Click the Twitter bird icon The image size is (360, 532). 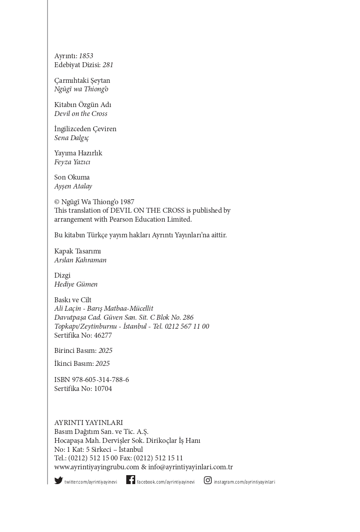59,481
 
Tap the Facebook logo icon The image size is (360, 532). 131,480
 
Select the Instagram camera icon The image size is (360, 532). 208,480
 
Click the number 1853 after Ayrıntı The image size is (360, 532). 86,56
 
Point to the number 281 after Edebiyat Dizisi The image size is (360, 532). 108,65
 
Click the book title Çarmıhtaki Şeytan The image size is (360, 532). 82,81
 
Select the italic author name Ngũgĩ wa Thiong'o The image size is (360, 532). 81,89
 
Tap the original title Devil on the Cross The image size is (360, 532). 81,114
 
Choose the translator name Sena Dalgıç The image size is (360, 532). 72,138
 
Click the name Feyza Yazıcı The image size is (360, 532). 72,162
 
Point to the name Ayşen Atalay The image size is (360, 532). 73,186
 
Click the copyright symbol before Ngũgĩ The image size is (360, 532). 57,202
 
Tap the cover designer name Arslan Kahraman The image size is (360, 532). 80,260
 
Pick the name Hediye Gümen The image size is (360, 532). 76,284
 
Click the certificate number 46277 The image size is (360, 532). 103,335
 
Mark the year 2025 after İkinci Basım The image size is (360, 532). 103,364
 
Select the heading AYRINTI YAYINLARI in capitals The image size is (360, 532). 88,423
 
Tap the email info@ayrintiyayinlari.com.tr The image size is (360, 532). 190,467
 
